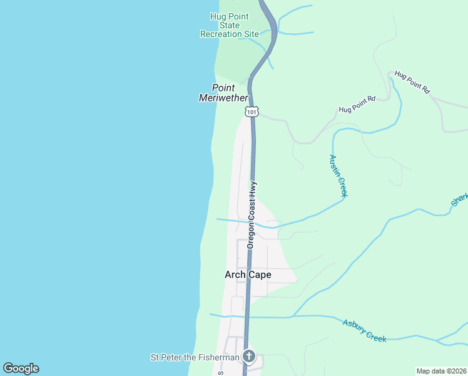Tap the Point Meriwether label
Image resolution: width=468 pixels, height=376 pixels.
click(x=223, y=93)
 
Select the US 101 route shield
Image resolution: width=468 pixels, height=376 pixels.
click(x=252, y=112)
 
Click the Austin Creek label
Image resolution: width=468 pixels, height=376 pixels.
click(x=338, y=176)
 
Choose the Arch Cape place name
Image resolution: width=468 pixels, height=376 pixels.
click(x=248, y=274)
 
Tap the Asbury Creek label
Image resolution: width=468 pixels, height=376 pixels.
click(x=365, y=331)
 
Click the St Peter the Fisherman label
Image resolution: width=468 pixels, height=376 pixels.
click(x=195, y=357)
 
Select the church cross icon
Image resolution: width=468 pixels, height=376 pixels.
click(x=249, y=357)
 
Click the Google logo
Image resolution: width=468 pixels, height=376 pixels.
click(x=21, y=368)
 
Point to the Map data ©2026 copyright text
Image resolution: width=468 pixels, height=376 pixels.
click(x=441, y=371)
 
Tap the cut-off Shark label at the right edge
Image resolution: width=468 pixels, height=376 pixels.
click(x=459, y=200)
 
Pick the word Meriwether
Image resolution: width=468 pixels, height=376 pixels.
click(x=223, y=98)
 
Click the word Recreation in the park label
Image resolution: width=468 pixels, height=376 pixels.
click(x=220, y=34)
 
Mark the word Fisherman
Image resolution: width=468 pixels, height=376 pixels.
click(x=219, y=357)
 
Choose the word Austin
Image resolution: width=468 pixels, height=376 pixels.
click(x=334, y=165)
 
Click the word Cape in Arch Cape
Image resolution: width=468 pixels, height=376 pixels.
click(x=260, y=274)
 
